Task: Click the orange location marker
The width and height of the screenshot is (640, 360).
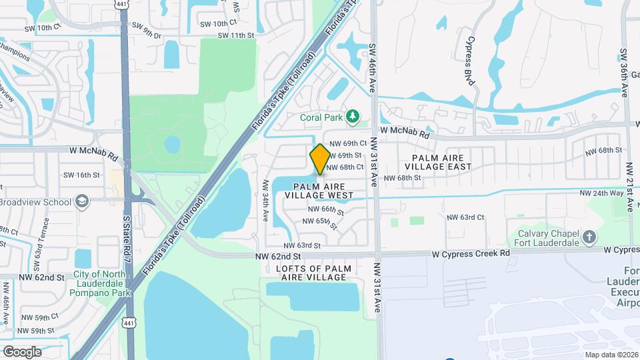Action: (x=320, y=159)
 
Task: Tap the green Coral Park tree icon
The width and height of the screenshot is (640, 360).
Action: (x=353, y=117)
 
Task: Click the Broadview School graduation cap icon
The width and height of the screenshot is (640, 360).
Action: (x=82, y=201)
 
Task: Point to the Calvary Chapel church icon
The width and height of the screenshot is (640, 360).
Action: (x=589, y=237)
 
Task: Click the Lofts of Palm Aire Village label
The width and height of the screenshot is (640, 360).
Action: (x=313, y=273)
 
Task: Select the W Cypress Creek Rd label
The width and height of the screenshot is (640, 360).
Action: (x=470, y=254)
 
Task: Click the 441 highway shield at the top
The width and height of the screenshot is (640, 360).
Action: (x=121, y=5)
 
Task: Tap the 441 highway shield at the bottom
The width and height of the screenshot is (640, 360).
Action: (x=128, y=323)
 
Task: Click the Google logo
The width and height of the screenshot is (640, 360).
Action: (x=22, y=351)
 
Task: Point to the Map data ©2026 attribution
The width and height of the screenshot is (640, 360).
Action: (x=611, y=355)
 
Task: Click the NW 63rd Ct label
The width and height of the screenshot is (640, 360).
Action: (x=465, y=217)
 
